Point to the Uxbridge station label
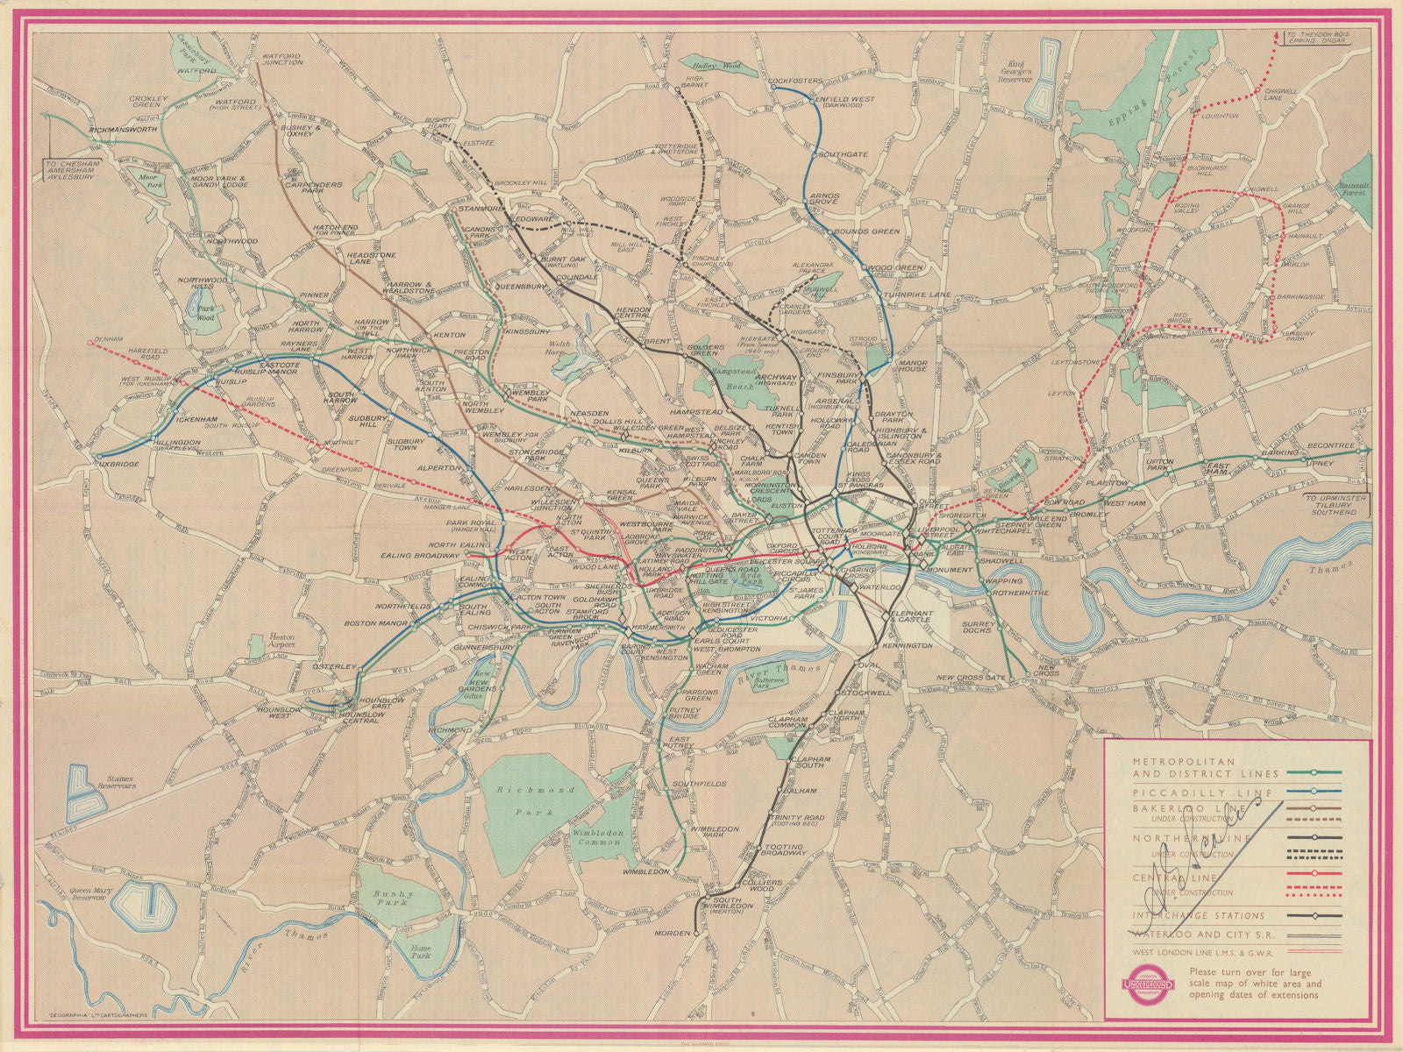119,464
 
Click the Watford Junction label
281,58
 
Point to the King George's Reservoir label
1029,69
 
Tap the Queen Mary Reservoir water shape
144,900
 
